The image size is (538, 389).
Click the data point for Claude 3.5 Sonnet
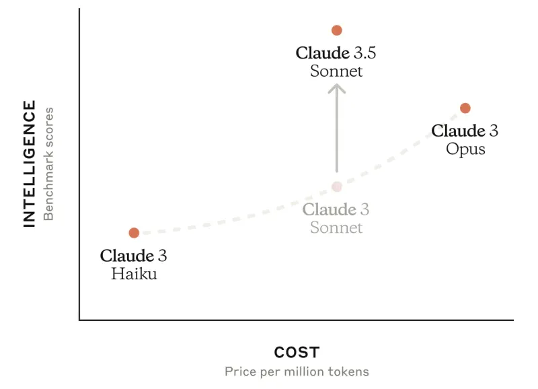pyautogui.click(x=337, y=30)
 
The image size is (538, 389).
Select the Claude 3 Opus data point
pyautogui.click(x=465, y=108)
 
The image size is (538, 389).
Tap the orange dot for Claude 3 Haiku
pyautogui.click(x=134, y=233)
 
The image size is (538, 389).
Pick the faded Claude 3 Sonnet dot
pyautogui.click(x=337, y=186)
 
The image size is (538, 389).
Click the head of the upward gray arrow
pyautogui.click(x=337, y=86)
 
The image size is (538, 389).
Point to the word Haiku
pyautogui.click(x=134, y=274)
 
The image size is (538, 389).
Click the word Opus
pyautogui.click(x=465, y=149)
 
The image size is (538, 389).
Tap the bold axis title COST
pyautogui.click(x=297, y=352)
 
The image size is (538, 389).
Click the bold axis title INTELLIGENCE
pyautogui.click(x=30, y=164)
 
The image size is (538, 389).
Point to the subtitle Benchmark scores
pyautogui.click(x=48, y=164)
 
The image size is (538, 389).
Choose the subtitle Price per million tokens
pyautogui.click(x=297, y=372)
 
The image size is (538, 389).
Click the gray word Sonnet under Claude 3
pyautogui.click(x=336, y=227)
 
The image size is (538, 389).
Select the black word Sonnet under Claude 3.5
pyautogui.click(x=336, y=71)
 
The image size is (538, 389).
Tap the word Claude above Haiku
pyautogui.click(x=127, y=256)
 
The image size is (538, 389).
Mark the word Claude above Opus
pyautogui.click(x=458, y=131)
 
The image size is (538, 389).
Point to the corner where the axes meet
pyautogui.click(x=79, y=320)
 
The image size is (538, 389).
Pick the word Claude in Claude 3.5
pyautogui.click(x=323, y=52)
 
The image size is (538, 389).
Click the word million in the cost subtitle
pyautogui.click(x=309, y=372)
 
